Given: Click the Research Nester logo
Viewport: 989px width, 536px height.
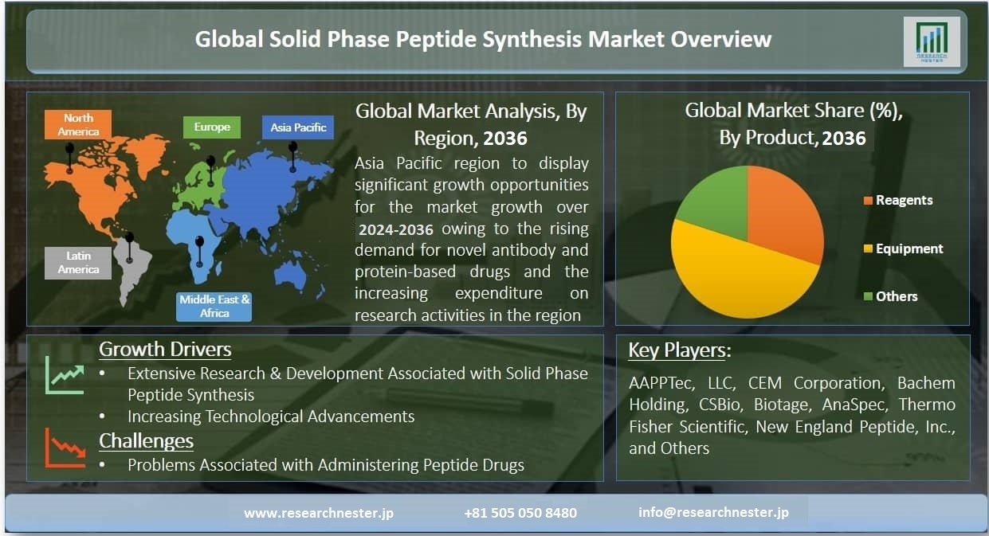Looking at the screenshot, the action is (x=932, y=42).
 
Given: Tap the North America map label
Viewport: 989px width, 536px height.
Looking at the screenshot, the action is (x=78, y=124).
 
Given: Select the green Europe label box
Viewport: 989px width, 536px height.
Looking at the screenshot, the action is (x=212, y=127).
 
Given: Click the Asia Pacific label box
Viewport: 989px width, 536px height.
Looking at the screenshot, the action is (x=298, y=127).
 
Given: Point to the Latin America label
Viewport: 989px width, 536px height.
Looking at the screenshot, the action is (x=78, y=263).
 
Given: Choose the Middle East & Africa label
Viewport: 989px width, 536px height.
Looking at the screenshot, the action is (x=214, y=306).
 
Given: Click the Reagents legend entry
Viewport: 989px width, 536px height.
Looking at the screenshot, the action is (x=898, y=200).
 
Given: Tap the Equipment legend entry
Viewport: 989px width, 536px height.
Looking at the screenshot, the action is (x=904, y=248).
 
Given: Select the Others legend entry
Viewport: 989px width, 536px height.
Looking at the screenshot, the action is (x=890, y=296).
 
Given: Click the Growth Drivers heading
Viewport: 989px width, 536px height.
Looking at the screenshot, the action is (x=165, y=349).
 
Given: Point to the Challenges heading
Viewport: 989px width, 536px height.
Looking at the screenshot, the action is (x=146, y=440).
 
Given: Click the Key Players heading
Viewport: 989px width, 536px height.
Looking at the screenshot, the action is (x=680, y=350).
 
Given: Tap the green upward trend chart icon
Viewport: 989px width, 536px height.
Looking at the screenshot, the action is (x=65, y=375).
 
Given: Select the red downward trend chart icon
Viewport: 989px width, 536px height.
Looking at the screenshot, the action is (x=65, y=448).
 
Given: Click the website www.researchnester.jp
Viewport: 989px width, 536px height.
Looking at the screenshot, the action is (x=319, y=513).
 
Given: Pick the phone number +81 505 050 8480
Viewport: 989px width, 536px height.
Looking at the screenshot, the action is (x=520, y=513).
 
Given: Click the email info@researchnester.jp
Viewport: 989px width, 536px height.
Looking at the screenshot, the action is (x=713, y=512).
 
